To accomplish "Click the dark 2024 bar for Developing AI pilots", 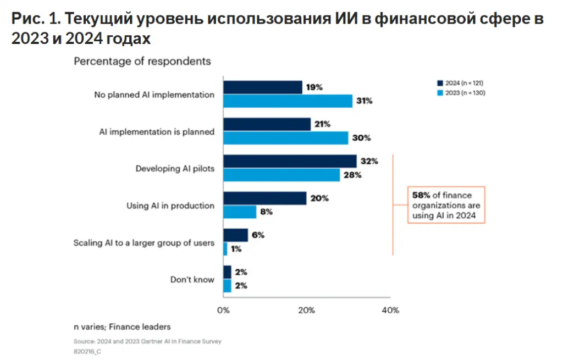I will click(290, 161).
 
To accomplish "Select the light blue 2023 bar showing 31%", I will click(288, 101).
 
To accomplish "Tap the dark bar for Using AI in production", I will click(264, 198).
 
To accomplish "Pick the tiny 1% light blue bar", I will click(225, 249).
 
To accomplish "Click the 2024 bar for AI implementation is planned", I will click(267, 124).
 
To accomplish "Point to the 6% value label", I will click(257, 235).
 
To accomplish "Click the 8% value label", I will click(266, 212).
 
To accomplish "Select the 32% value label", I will click(370, 161).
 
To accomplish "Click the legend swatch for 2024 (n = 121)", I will click(439, 82).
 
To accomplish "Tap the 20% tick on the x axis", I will click(306, 311).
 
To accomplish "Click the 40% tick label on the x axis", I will click(390, 311).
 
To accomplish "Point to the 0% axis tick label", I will click(223, 311).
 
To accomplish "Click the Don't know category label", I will click(192, 279).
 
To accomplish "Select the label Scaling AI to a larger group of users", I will click(143, 242).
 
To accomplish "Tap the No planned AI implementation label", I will click(154, 95).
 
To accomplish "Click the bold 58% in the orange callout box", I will click(421, 195).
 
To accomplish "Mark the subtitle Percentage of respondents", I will click(142, 61).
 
